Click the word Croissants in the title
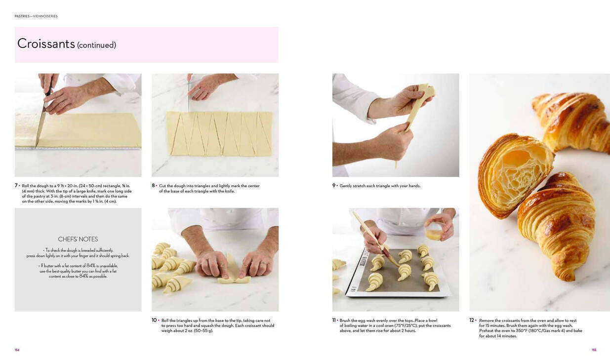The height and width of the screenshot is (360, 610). click(46, 43)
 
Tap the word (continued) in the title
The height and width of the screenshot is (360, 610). click(97, 45)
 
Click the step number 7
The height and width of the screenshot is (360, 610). click(16, 186)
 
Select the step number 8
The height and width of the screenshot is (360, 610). click(153, 186)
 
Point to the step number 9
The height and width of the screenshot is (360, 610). click(334, 186)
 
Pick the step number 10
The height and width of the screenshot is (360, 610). click(154, 320)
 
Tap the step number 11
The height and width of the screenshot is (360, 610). click(334, 320)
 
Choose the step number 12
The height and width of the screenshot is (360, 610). click(472, 320)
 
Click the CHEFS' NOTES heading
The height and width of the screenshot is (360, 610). click(78, 239)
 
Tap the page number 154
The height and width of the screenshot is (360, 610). click(17, 350)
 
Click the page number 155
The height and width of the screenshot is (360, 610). click(594, 350)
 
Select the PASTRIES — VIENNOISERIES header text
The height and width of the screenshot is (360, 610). click(36, 16)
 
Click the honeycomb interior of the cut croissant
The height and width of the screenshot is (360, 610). click(518, 174)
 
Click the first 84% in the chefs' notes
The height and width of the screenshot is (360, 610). click(91, 266)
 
